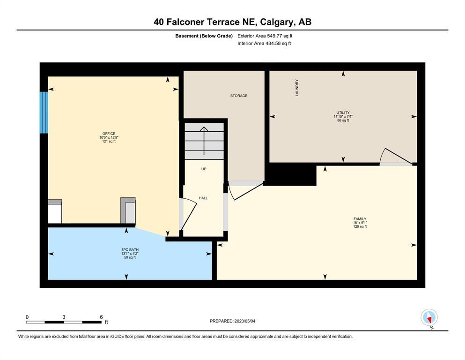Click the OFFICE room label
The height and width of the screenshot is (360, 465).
point(109,134)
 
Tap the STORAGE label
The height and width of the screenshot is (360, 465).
point(239,96)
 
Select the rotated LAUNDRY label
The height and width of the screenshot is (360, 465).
point(297,88)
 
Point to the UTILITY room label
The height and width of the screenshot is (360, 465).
point(343,113)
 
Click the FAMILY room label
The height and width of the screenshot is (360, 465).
point(360,219)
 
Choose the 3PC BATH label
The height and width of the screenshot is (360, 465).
point(130,249)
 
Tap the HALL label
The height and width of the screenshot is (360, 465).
point(203,198)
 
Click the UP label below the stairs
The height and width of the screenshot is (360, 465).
point(204,169)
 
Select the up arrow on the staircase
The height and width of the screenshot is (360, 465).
point(204,141)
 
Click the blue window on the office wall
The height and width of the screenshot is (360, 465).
point(44,112)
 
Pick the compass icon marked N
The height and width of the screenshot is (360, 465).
point(429,317)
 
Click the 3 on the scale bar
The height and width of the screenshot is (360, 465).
point(64,317)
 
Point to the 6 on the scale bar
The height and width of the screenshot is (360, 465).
point(101,317)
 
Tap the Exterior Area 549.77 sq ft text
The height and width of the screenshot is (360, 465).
point(265,36)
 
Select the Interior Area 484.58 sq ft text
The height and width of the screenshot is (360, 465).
point(264,43)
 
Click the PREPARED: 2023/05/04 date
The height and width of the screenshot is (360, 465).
point(232,321)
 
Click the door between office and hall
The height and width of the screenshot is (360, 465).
point(189,214)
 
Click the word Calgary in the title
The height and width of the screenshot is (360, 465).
point(277,22)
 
